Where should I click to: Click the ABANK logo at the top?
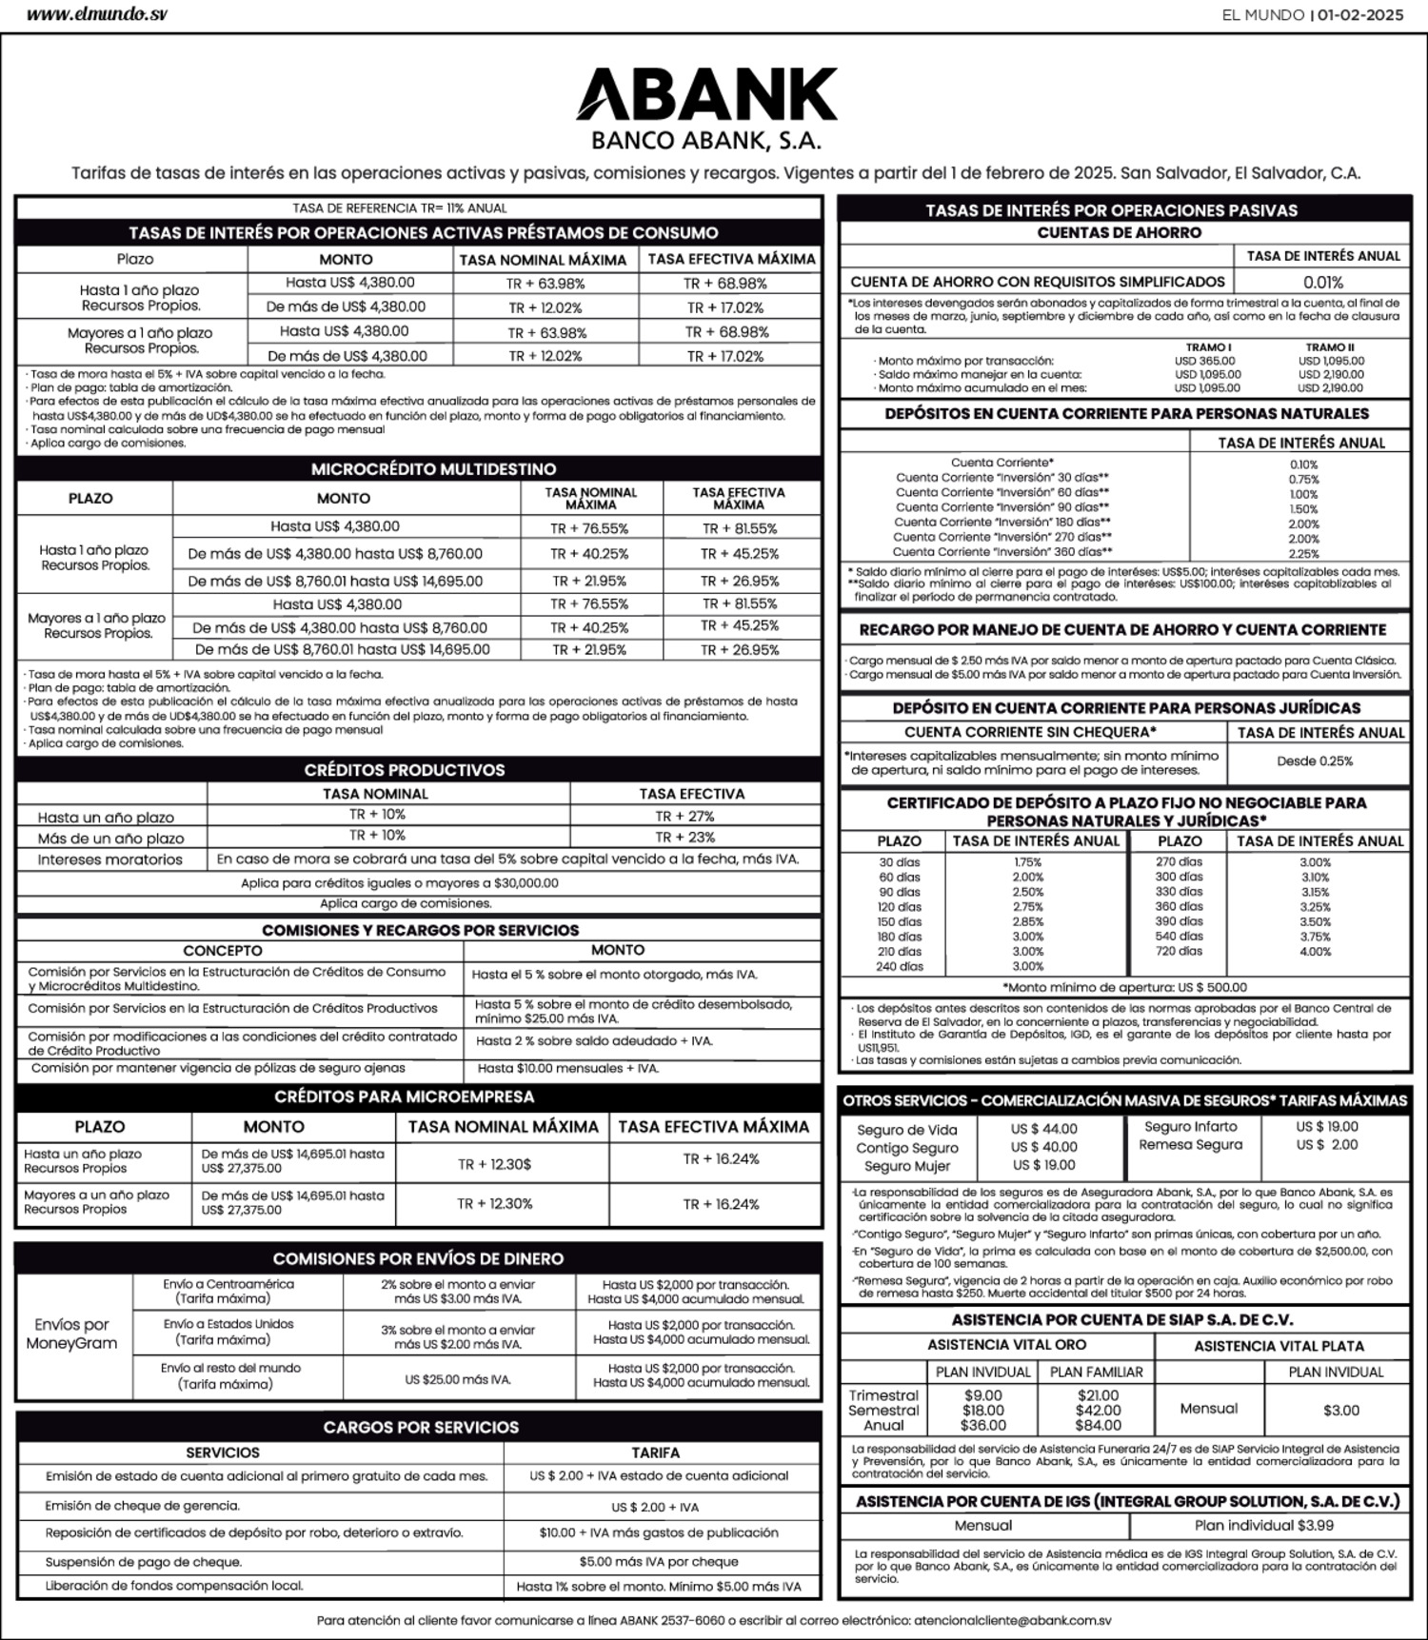706,94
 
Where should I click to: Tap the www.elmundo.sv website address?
96,15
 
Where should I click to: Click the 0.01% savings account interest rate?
1322,283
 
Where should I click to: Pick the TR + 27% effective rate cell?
684,816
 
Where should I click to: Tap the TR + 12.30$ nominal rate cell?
494,1164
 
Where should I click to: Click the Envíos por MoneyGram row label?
71,1334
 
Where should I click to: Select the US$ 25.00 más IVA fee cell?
458,1379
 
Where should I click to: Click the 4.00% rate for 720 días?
1315,952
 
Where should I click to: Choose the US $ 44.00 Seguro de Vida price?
1043,1129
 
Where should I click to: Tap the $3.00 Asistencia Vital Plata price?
1340,1410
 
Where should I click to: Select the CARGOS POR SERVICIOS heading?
421,1427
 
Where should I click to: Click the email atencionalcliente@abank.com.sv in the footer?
1012,1620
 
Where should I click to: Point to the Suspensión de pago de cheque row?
144,1562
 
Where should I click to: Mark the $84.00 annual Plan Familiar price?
1098,1426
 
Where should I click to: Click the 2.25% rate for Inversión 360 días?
1303,554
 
